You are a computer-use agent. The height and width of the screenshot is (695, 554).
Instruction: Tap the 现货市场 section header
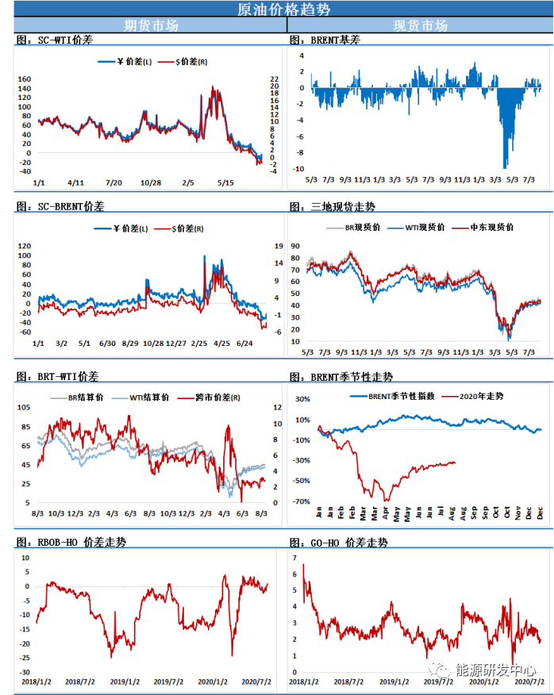click(x=420, y=25)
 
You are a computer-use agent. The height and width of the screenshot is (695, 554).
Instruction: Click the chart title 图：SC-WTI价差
click(x=54, y=40)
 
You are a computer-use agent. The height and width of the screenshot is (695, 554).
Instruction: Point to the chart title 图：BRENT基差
click(x=325, y=40)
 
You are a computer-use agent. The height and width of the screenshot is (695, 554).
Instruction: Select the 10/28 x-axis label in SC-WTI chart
click(x=151, y=183)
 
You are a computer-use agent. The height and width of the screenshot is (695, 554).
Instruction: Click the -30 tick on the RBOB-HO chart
click(x=24, y=672)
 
